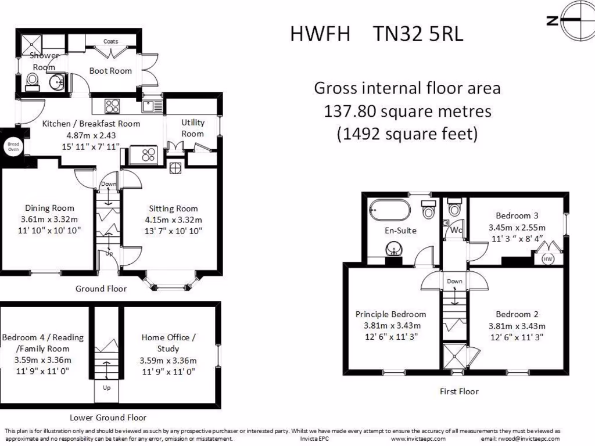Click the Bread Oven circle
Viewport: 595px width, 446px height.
pyautogui.click(x=13, y=146)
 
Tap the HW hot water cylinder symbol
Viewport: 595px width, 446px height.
pyautogui.click(x=547, y=259)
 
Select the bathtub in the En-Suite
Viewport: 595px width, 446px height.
pyautogui.click(x=390, y=209)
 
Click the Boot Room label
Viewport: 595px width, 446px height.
pyautogui.click(x=110, y=71)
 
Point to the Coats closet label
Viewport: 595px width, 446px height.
pyautogui.click(x=111, y=41)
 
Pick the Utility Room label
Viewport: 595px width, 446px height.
pyautogui.click(x=192, y=128)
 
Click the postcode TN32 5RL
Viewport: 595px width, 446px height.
pyautogui.click(x=418, y=34)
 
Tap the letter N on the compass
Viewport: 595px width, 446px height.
pyautogui.click(x=553, y=20)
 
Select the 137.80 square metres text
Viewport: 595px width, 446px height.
pyautogui.click(x=407, y=111)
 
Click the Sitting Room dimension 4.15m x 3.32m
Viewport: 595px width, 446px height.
pyautogui.click(x=173, y=220)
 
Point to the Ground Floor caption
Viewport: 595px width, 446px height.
pyautogui.click(x=101, y=289)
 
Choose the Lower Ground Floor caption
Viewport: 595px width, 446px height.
pyautogui.click(x=108, y=418)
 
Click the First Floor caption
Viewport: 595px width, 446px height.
pyautogui.click(x=459, y=392)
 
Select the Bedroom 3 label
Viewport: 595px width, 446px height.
pyautogui.click(x=517, y=216)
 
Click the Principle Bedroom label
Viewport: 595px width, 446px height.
pyautogui.click(x=390, y=314)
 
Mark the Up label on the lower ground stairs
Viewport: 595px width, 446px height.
pyautogui.click(x=107, y=388)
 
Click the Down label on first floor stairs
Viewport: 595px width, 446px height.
pyautogui.click(x=454, y=282)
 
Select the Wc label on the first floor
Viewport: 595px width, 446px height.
pyautogui.click(x=456, y=230)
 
